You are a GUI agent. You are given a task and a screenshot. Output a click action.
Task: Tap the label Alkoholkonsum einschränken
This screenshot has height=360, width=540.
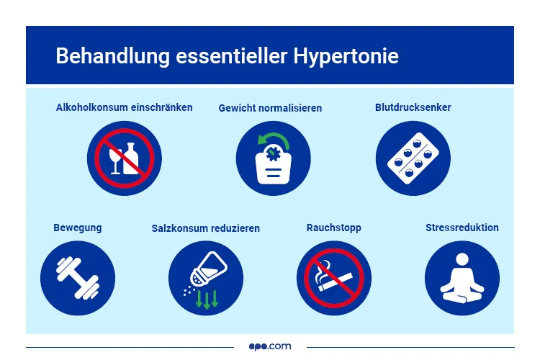[125, 107]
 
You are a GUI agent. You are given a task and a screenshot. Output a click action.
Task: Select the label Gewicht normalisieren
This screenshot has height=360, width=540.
[270, 108]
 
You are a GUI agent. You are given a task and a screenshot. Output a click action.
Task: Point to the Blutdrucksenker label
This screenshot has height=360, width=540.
[413, 107]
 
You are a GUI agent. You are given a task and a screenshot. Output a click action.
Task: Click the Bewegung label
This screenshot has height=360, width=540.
[78, 228]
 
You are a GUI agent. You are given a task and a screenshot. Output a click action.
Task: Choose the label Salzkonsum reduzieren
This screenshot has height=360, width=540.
[206, 228]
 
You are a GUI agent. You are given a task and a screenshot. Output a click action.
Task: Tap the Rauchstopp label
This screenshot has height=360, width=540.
[334, 228]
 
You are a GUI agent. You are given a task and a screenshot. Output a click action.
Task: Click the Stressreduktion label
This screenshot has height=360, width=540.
[462, 228]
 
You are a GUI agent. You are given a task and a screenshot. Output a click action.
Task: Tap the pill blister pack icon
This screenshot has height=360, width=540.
[413, 158]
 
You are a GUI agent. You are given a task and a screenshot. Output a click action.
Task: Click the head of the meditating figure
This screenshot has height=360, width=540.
[462, 258]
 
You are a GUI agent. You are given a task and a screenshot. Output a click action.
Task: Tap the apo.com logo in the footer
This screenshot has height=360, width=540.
[270, 346]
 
